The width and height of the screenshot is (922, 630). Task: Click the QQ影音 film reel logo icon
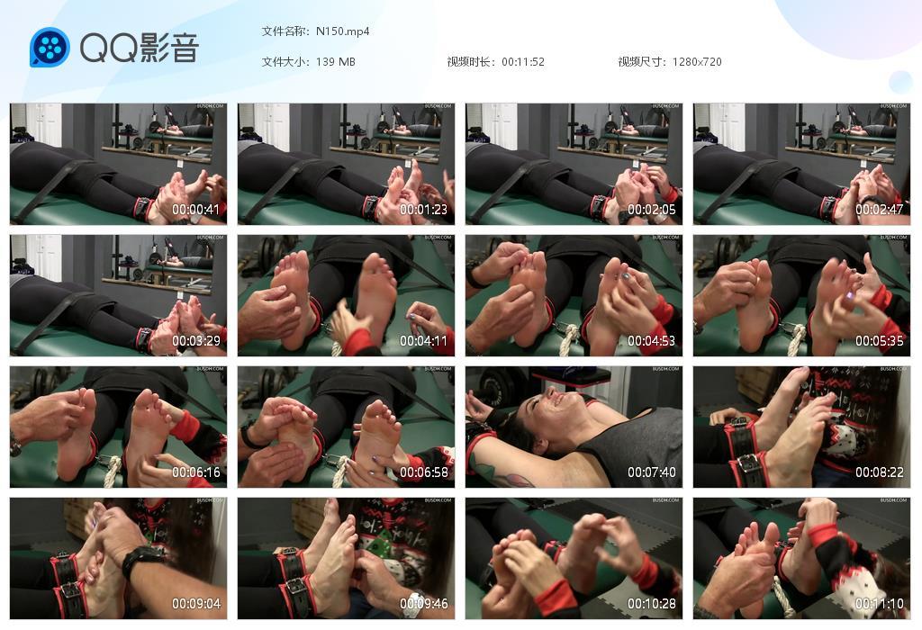tap(50, 48)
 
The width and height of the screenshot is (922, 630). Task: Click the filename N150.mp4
tap(342, 31)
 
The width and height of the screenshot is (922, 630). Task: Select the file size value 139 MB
tap(335, 62)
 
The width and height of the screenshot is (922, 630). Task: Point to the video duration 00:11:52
tap(522, 62)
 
